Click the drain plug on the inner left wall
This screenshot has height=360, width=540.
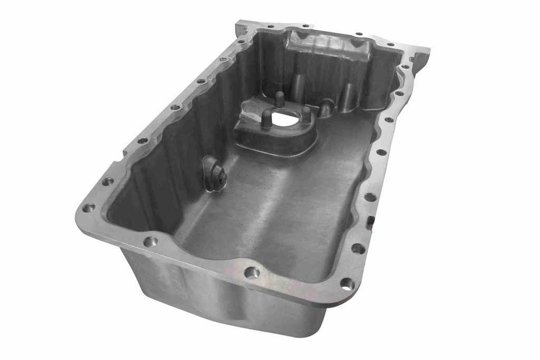coord(215,174)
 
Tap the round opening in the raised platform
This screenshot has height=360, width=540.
coord(285,119)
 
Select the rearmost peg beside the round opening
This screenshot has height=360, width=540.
coord(279,98)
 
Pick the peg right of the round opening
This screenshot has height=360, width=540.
coord(306,113)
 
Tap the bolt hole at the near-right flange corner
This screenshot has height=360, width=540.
coord(347,284)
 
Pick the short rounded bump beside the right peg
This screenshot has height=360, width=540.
coord(326,107)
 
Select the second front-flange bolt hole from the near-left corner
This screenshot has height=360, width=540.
coord(150,241)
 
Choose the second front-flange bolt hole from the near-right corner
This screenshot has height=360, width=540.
coord(252,272)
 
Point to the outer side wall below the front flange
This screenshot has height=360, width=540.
coord(211,295)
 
